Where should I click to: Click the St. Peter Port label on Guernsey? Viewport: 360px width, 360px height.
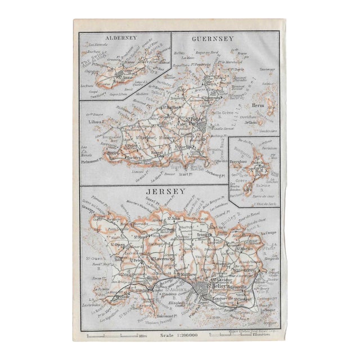(x=198, y=121)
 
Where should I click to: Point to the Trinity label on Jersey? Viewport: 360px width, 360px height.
(x=204, y=235)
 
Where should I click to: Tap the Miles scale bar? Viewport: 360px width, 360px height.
(x=115, y=336)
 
